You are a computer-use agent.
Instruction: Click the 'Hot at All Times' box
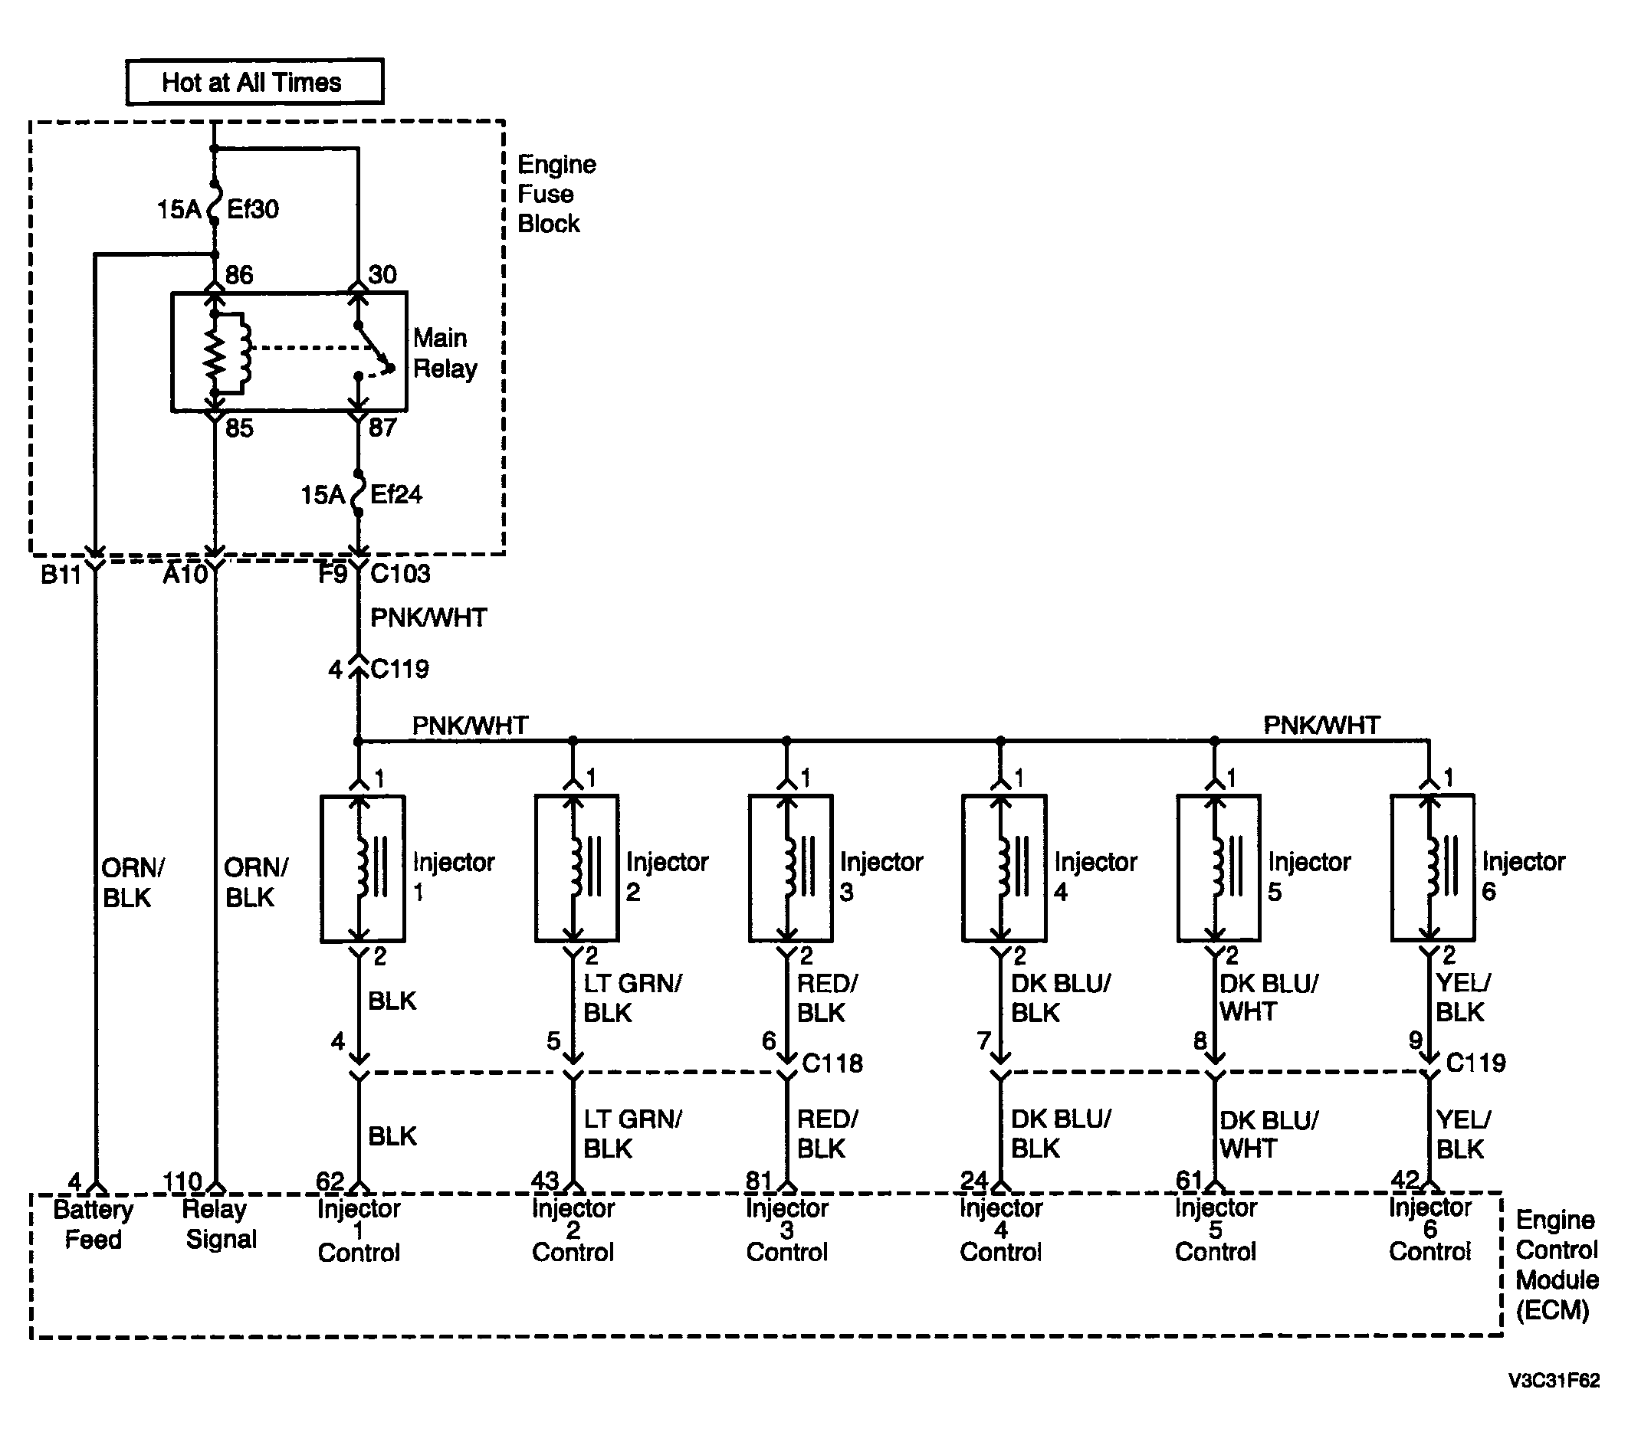click(x=255, y=81)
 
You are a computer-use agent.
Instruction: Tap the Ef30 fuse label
click(x=252, y=209)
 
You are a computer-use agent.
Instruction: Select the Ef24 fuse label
click(x=396, y=494)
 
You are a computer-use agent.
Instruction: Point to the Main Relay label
click(x=445, y=352)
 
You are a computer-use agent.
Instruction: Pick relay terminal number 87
click(x=382, y=428)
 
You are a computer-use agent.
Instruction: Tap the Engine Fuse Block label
click(x=556, y=194)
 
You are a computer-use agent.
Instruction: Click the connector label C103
click(x=400, y=573)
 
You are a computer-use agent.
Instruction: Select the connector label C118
click(x=832, y=1063)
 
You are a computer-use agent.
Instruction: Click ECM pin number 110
click(x=182, y=1181)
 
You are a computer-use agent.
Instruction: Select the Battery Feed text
click(x=94, y=1224)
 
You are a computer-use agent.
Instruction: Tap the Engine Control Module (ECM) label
click(x=1556, y=1265)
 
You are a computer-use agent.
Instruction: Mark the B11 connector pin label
click(x=61, y=575)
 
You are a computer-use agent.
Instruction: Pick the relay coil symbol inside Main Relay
click(x=228, y=352)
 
